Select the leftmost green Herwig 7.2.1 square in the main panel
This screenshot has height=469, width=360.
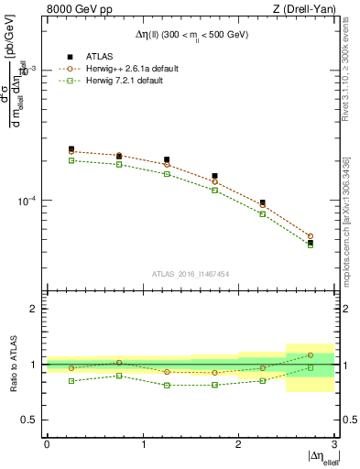coord(71,160)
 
